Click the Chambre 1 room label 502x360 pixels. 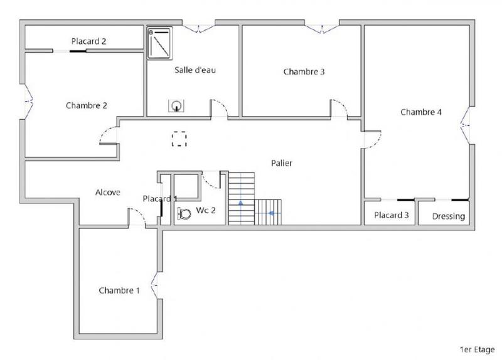pyautogui.click(x=119, y=290)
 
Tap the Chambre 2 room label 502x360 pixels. pyautogui.click(x=86, y=105)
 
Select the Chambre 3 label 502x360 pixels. pyautogui.click(x=304, y=71)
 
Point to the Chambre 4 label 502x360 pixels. pyautogui.click(x=421, y=112)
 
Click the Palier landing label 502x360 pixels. pyautogui.click(x=282, y=163)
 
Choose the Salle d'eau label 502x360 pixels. pyautogui.click(x=195, y=70)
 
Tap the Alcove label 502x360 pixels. pyautogui.click(x=107, y=192)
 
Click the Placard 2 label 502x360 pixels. pyautogui.click(x=88, y=41)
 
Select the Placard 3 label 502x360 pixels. pyautogui.click(x=392, y=215)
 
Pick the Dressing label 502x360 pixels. pyautogui.click(x=449, y=216)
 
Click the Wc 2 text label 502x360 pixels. pyautogui.click(x=206, y=210)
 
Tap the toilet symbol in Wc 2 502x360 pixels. pyautogui.click(x=184, y=213)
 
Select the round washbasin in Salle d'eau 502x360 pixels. pyautogui.click(x=178, y=107)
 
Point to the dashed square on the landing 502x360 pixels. pyautogui.click(x=180, y=139)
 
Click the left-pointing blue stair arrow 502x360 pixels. pyautogui.click(x=271, y=213)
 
